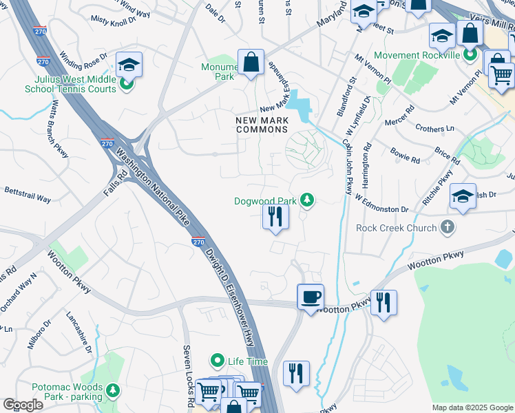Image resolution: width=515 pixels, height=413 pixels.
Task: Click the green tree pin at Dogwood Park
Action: pyautogui.click(x=306, y=200)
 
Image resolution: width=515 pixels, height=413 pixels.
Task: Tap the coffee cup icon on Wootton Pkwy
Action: pyautogui.click(x=311, y=297)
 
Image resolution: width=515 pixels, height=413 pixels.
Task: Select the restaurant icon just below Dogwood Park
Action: pyautogui.click(x=275, y=216)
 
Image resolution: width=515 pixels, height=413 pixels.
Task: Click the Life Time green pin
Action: pyautogui.click(x=218, y=361)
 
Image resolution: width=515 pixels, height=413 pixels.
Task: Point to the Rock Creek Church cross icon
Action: pyautogui.click(x=448, y=227)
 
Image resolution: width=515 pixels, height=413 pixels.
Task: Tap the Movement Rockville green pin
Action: pyautogui.click(x=471, y=54)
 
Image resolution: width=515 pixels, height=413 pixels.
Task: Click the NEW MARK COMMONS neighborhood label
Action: pyautogui.click(x=266, y=125)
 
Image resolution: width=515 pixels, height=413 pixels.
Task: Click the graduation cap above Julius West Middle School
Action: pyautogui.click(x=129, y=65)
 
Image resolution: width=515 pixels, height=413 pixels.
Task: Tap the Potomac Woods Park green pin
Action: pyautogui.click(x=112, y=392)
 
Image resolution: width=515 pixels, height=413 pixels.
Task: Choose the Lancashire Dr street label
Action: pyautogui.click(x=79, y=332)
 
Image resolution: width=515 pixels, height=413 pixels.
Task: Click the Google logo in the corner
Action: pyautogui.click(x=22, y=405)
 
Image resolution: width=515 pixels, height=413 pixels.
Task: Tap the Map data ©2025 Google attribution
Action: pyautogui.click(x=472, y=407)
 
